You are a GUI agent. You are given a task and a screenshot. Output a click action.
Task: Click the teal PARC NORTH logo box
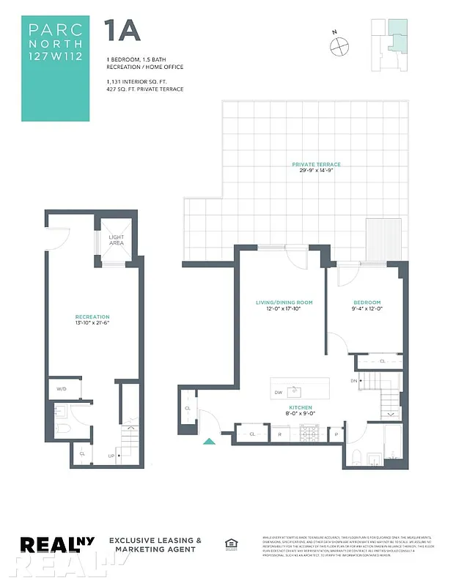(56, 68)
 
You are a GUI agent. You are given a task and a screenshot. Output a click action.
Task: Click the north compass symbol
(340, 45)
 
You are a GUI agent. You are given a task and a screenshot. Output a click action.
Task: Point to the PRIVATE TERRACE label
(316, 165)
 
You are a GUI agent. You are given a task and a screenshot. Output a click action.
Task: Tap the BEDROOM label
(367, 303)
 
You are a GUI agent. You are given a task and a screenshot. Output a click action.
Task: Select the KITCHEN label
(301, 407)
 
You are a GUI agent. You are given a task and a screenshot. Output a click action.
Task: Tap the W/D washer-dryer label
(61, 389)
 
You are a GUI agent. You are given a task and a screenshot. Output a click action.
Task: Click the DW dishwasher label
(278, 393)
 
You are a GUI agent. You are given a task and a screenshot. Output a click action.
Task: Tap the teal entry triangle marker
(209, 441)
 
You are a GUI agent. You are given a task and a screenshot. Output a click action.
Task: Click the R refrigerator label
(279, 434)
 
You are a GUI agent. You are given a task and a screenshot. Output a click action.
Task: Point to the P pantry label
(336, 434)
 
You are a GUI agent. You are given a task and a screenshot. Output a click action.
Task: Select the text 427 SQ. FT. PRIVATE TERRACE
(144, 89)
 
